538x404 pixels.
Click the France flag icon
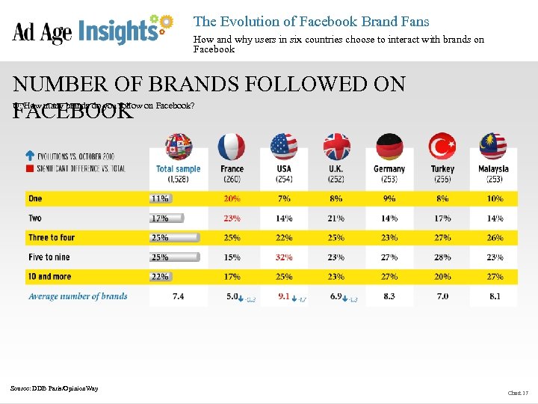click(x=232, y=147)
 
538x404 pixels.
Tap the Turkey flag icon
click(x=442, y=147)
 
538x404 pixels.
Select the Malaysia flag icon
click(x=493, y=147)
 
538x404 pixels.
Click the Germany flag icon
click(x=389, y=147)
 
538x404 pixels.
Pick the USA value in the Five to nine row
click(x=284, y=257)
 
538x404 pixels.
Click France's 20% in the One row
click(x=232, y=198)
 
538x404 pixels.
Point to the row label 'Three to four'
click(x=52, y=237)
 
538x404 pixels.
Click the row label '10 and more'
click(x=49, y=277)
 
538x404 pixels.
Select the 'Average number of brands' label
click(x=78, y=296)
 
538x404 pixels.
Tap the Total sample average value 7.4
click(x=179, y=296)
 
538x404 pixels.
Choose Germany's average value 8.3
click(x=389, y=296)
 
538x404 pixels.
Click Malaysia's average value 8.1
click(x=493, y=296)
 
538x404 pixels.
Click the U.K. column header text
click(x=336, y=169)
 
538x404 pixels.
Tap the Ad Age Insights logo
click(x=93, y=31)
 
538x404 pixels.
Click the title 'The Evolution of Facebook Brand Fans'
click(x=311, y=22)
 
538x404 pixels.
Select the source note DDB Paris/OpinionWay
click(x=54, y=388)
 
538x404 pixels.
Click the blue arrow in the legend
click(x=30, y=156)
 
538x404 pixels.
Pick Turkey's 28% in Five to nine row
click(x=442, y=257)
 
